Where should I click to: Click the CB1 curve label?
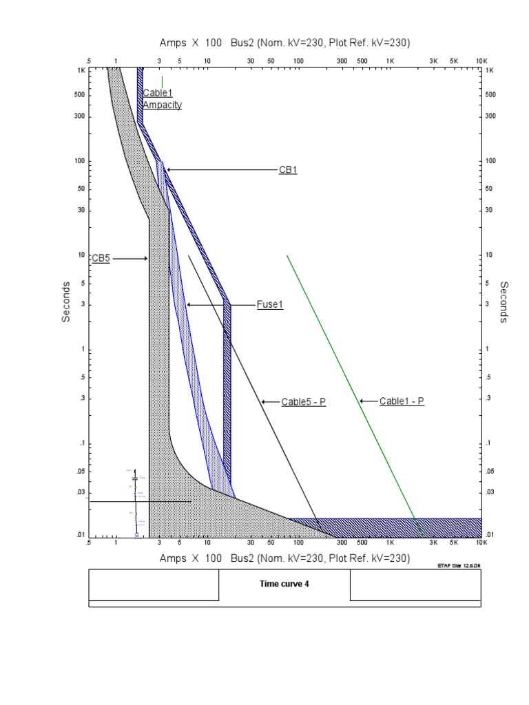pos(288,170)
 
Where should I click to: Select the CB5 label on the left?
pos(101,259)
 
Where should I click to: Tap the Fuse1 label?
pos(270,304)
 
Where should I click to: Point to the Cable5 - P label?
pos(303,401)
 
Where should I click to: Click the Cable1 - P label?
pos(402,401)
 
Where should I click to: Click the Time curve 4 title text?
pos(284,584)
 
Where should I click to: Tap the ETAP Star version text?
pos(459,566)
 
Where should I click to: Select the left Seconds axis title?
pos(66,302)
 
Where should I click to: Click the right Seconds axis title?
pos(504,302)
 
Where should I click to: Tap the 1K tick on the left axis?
pos(81,70)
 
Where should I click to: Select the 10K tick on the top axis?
pos(480,61)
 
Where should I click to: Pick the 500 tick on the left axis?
pos(80,95)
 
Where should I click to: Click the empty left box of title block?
pos(154,585)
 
